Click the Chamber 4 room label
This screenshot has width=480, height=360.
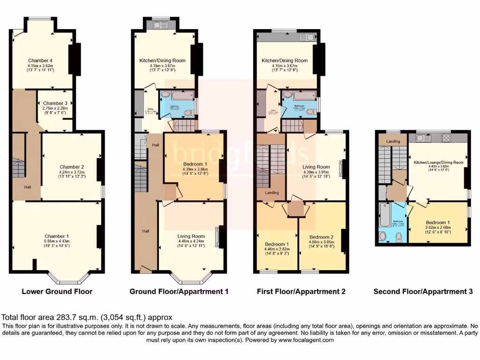[x=40, y=60]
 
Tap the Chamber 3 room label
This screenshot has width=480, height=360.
[x=55, y=104]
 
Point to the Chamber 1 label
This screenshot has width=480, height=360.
[x=57, y=236]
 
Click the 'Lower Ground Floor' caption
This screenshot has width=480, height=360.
[x=57, y=292]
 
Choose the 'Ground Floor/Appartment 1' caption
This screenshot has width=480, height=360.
[x=179, y=292]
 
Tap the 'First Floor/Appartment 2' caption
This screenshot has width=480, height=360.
[x=301, y=292]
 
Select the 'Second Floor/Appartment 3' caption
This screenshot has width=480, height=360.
[x=423, y=292]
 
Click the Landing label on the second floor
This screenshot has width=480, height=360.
[x=393, y=141]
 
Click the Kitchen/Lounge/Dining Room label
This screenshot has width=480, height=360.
[x=438, y=162]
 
